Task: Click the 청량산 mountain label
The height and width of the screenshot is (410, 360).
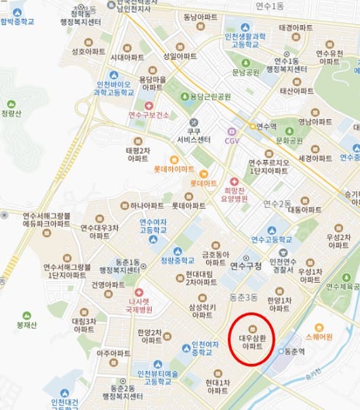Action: [12, 115]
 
